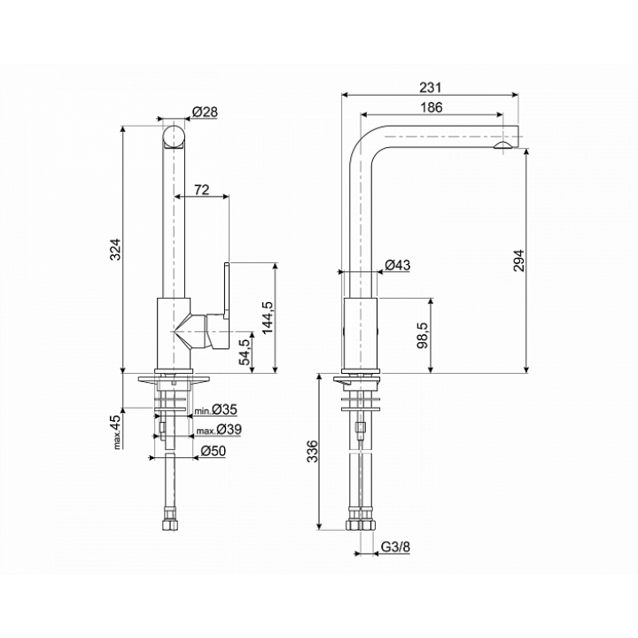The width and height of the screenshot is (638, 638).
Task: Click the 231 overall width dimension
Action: coord(430,88)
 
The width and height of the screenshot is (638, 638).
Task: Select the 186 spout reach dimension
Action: coord(432,107)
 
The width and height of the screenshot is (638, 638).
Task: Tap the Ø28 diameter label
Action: coord(205,112)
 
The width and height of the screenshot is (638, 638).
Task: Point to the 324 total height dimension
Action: coord(116,249)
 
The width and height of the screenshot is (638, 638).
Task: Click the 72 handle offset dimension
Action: coord(201,190)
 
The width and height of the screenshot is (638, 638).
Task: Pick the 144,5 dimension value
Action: coord(268,318)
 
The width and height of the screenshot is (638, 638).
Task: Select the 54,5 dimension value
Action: coord(245,352)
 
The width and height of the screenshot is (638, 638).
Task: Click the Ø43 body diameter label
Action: coord(398,265)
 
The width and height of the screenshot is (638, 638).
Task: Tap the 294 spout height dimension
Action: coord(519,261)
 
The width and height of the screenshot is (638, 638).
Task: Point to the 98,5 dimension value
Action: coord(423,335)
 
